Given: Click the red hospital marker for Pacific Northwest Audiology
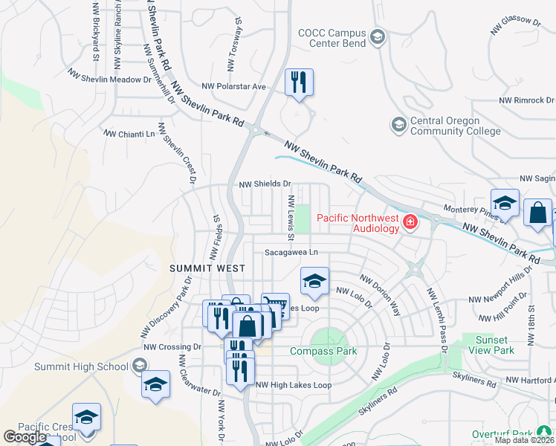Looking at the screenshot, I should [409, 222].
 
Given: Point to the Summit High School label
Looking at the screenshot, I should [82, 366].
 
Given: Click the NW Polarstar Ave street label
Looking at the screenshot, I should [239, 86].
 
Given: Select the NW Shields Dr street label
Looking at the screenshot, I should [264, 184].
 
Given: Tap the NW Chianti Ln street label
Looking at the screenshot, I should [130, 135].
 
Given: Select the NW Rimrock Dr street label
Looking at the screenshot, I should [526, 100].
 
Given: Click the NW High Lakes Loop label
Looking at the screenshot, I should [293, 385].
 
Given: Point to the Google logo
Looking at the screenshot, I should [25, 437].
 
